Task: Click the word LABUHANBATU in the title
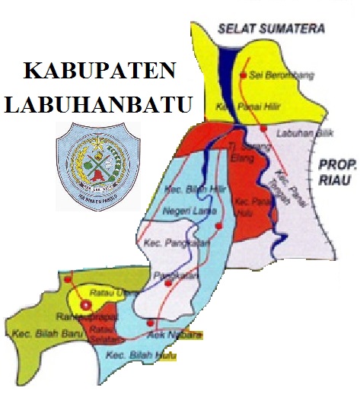pyautogui.click(x=97, y=103)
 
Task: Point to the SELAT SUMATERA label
pyautogui.click(x=270, y=29)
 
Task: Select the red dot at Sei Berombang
pyautogui.click(x=244, y=75)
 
